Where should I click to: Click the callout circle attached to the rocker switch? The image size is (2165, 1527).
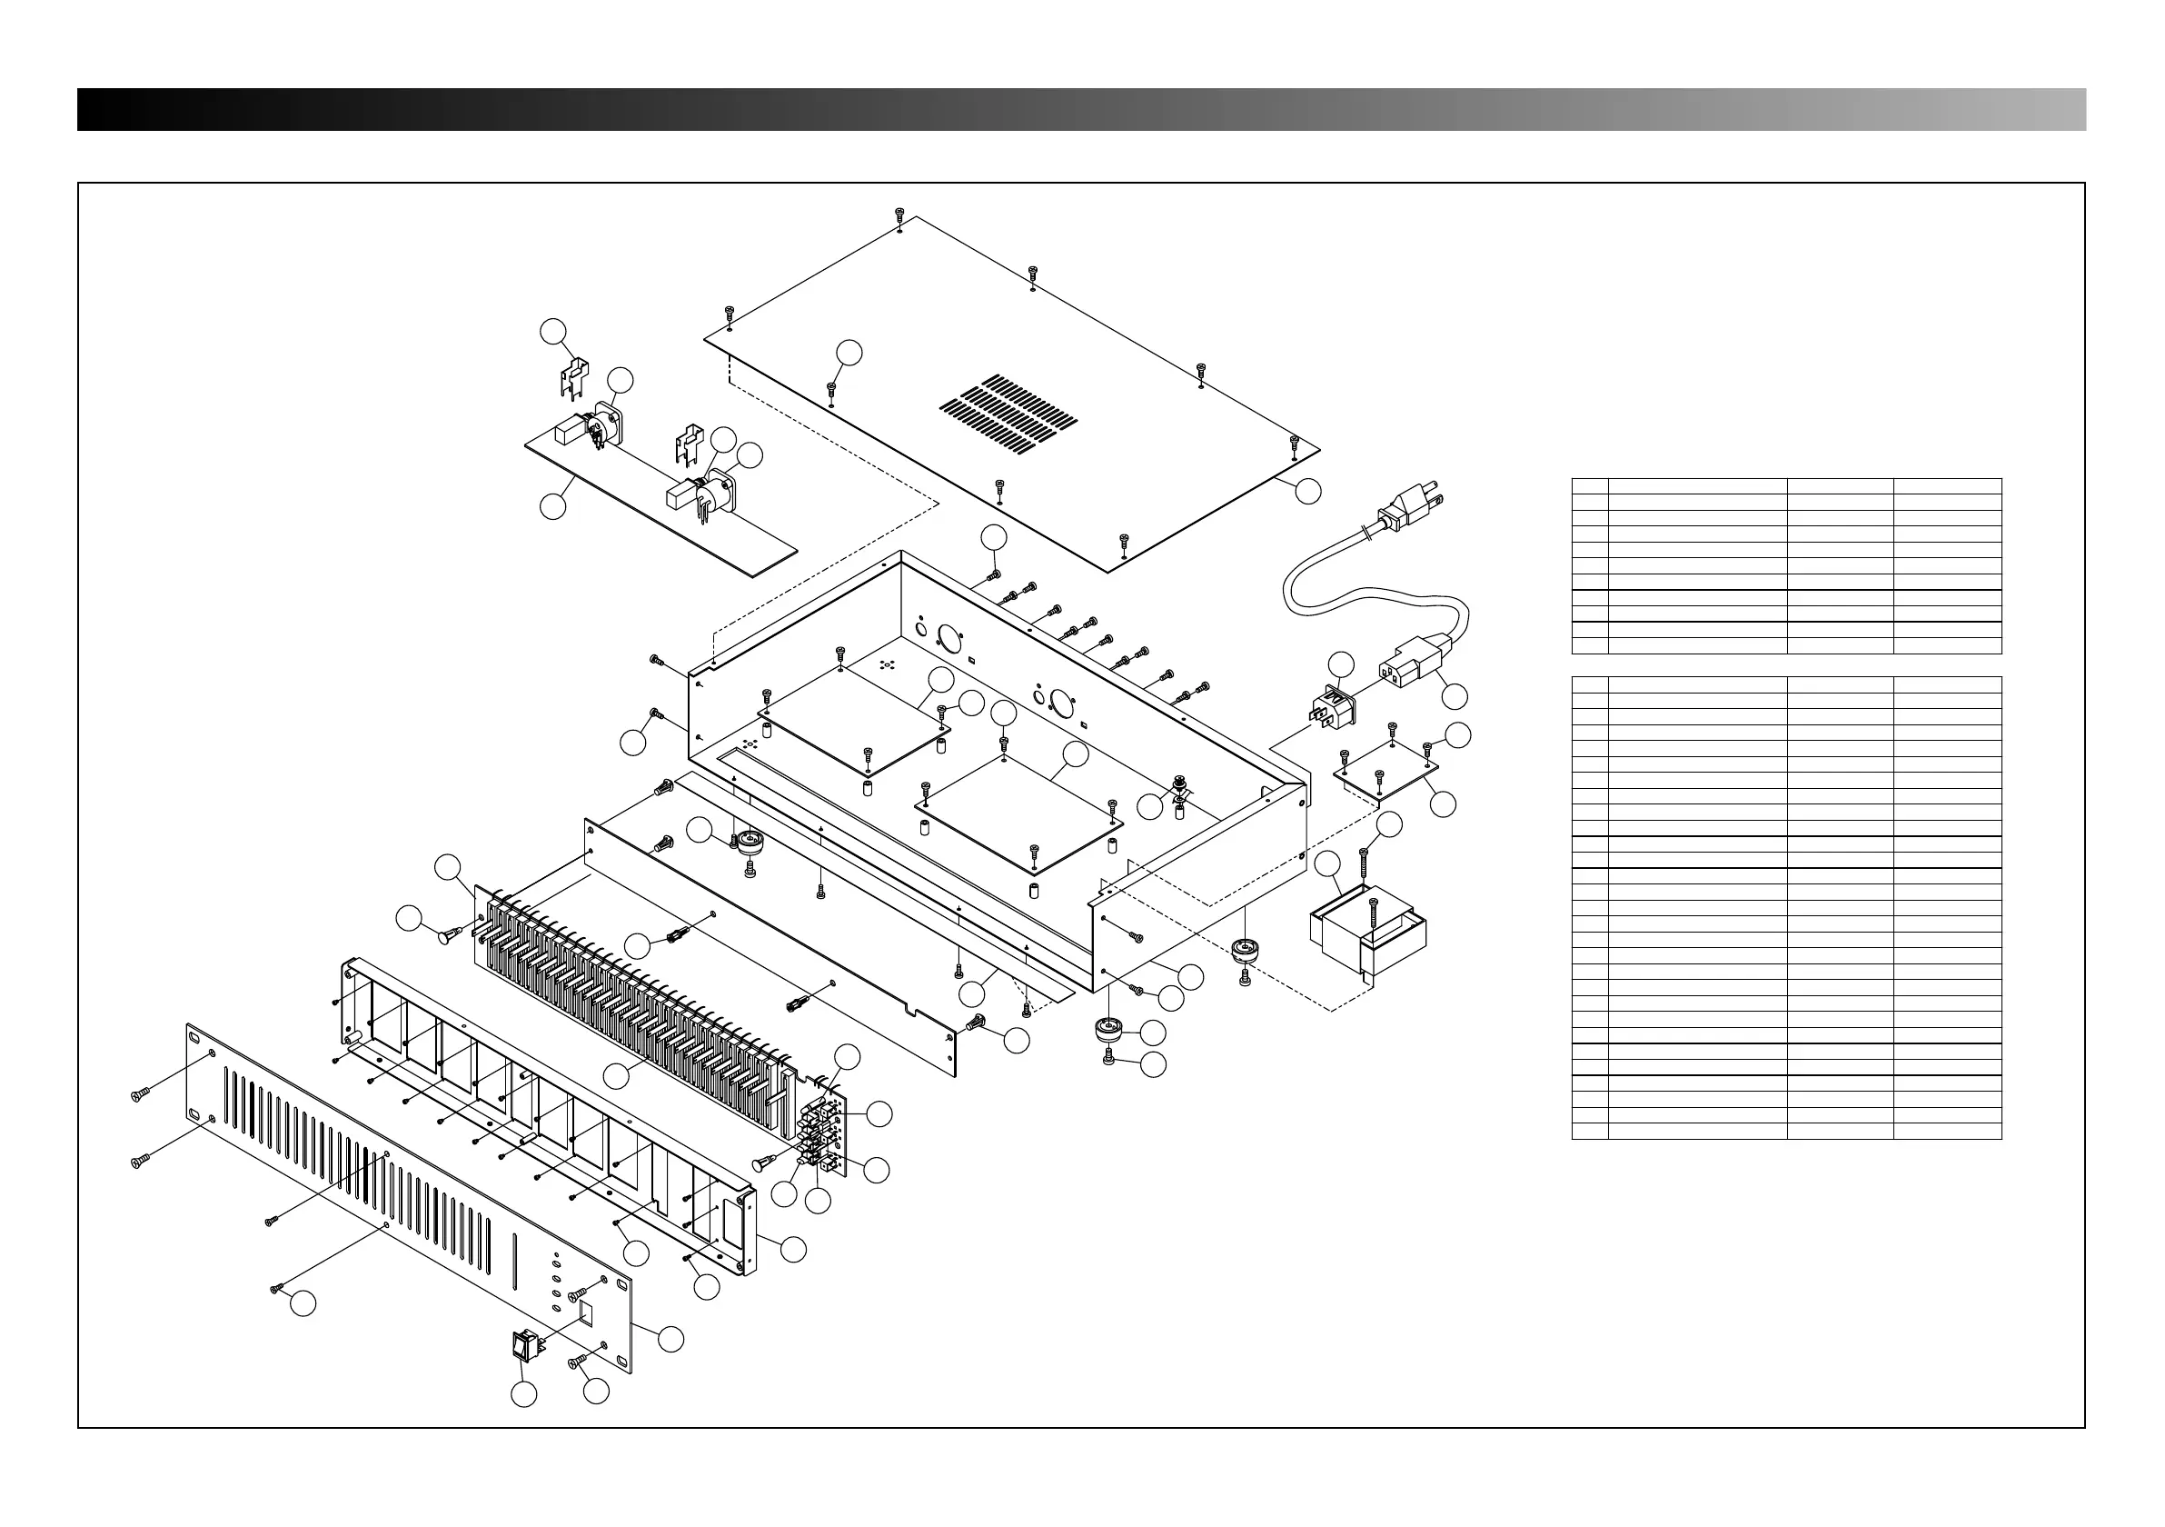[524, 1394]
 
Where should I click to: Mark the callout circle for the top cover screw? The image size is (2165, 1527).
[849, 353]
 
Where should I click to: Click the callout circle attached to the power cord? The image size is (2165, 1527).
[1455, 696]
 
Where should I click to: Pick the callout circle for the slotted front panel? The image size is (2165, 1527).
[670, 1338]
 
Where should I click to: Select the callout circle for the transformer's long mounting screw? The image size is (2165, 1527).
[1389, 824]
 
